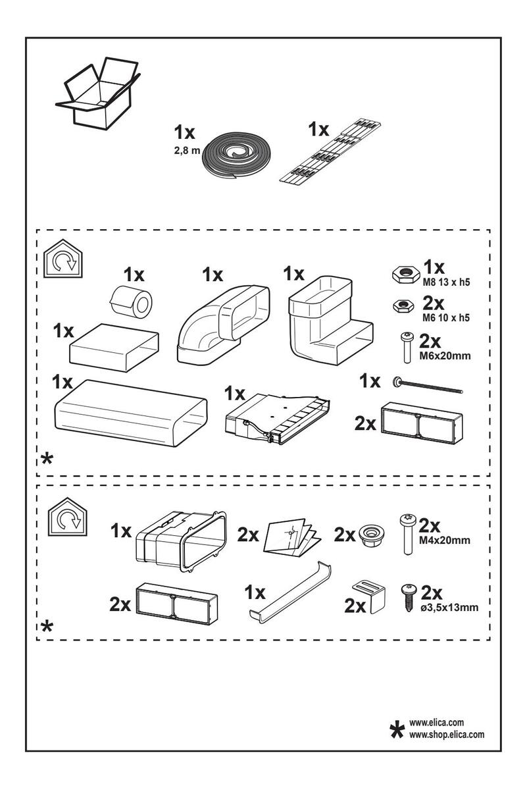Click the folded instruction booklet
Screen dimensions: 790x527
[290, 537]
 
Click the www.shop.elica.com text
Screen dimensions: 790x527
[447, 733]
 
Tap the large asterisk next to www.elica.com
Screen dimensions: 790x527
[397, 729]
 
